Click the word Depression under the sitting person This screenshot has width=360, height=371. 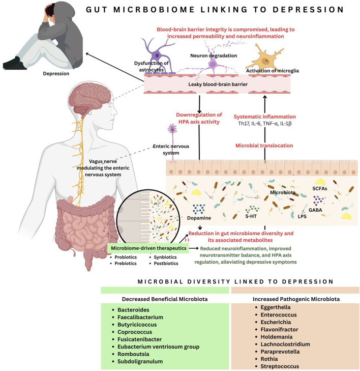pos(56,74)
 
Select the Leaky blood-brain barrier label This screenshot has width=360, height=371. pos(218,84)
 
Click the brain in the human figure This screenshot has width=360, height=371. pos(89,98)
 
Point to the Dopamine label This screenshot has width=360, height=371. pos(199,218)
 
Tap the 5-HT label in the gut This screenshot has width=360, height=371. pos(251,216)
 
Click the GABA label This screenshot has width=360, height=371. pos(315,210)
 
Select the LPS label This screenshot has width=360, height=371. pos(302,216)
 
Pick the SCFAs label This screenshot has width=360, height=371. pos(320,189)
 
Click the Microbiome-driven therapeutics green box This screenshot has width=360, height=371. pos(148,248)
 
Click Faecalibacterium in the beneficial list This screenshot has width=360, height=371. pos(140,317)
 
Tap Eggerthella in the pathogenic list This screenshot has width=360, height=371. pos(276,307)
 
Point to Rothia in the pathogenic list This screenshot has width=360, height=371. pos(269,359)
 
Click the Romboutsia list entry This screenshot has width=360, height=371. pos(133,354)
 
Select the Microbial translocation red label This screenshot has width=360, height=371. pos(264,146)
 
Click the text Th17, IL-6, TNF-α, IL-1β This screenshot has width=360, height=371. pos(265,123)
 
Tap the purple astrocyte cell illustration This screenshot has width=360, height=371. pos(157,56)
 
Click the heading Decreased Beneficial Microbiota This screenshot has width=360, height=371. pos(165,299)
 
